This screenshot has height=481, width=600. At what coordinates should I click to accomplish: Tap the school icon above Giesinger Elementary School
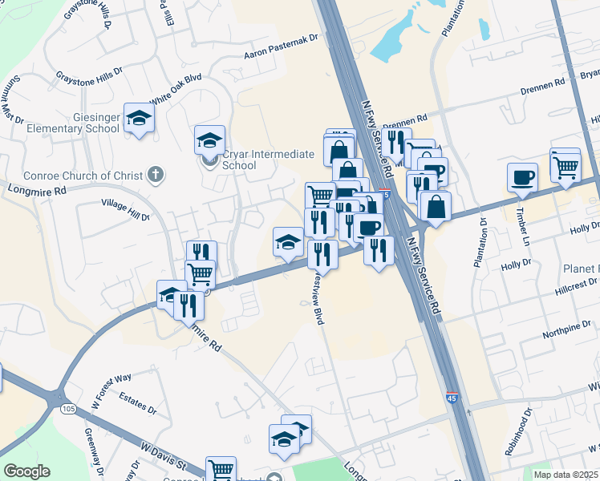(139, 119)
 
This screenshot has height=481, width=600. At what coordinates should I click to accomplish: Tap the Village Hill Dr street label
(125, 210)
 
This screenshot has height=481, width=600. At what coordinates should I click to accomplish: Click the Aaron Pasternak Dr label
(282, 47)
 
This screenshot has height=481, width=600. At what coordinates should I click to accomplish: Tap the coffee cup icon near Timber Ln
(522, 177)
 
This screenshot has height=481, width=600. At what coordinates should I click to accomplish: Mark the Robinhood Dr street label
(517, 434)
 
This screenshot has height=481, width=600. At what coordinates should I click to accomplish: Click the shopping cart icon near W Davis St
(221, 470)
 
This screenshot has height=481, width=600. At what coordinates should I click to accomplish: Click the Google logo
(26, 471)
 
